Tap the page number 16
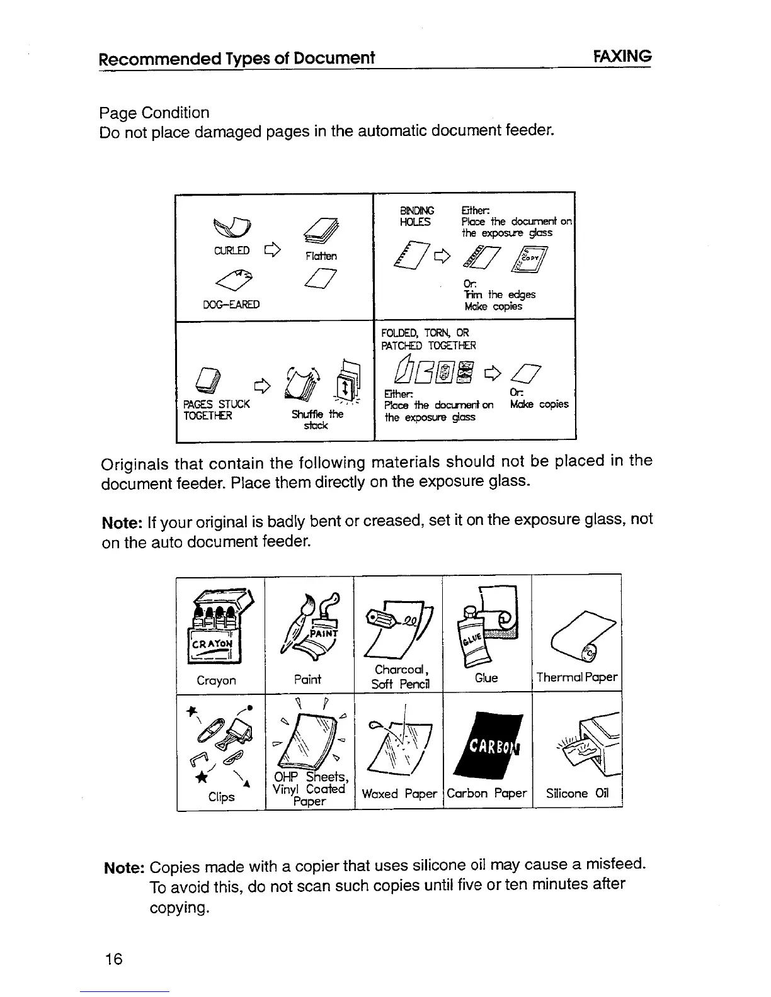(x=114, y=959)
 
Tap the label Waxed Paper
(x=399, y=794)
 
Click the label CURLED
(x=232, y=251)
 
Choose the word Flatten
(x=321, y=256)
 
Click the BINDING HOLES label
(x=416, y=216)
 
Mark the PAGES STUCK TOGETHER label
(x=216, y=409)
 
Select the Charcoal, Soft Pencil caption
(x=400, y=677)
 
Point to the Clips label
(x=222, y=797)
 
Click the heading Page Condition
(x=154, y=113)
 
